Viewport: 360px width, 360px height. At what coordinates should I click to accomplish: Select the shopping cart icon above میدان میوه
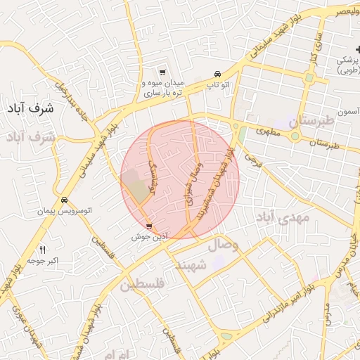coord(162,72)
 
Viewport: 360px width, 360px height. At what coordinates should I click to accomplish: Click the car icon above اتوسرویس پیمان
coord(64,200)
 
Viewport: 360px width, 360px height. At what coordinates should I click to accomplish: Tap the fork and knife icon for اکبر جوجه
coord(42,250)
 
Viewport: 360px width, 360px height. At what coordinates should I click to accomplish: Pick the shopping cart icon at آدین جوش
coord(149,226)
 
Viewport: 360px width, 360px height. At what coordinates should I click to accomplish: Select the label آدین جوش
coord(148,237)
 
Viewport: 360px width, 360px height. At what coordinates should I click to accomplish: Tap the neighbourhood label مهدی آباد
coord(282,217)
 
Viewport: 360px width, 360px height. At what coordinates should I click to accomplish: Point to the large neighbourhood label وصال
coord(224,245)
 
